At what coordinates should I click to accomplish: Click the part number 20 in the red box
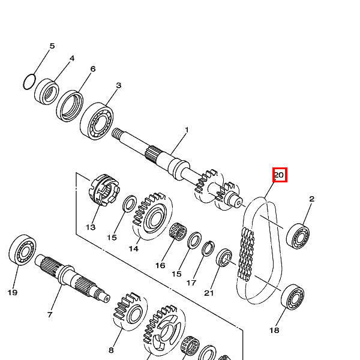pyautogui.click(x=280, y=175)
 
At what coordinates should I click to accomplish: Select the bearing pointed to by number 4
pyautogui.click(x=46, y=91)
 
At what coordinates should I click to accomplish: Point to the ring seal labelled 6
pyautogui.click(x=71, y=106)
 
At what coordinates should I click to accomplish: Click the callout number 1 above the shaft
pyautogui.click(x=187, y=130)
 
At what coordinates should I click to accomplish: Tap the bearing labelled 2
pyautogui.click(x=298, y=235)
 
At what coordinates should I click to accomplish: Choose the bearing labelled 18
pyautogui.click(x=293, y=297)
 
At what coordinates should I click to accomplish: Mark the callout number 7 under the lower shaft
pyautogui.click(x=50, y=314)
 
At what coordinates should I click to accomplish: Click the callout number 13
pyautogui.click(x=91, y=227)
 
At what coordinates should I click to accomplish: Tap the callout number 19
pyautogui.click(x=13, y=292)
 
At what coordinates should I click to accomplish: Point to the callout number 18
pyautogui.click(x=274, y=331)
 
